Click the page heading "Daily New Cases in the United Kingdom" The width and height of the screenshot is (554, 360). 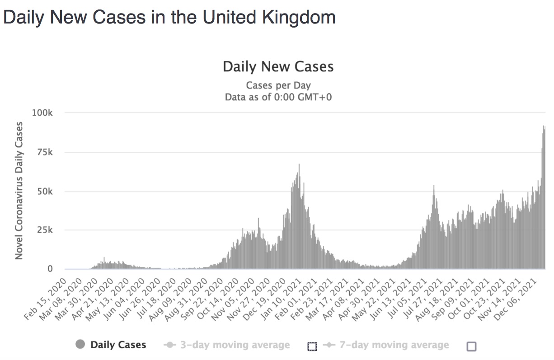tap(169, 18)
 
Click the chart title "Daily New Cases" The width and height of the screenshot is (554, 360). tap(278, 67)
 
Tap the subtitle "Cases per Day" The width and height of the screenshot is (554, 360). tap(278, 85)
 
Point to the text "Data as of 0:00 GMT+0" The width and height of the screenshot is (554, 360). tap(278, 97)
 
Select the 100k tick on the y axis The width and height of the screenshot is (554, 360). tap(42, 112)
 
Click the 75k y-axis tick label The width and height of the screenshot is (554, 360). tap(44, 152)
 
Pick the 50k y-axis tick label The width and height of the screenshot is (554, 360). tap(44, 192)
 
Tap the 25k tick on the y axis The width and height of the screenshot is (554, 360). tap(44, 230)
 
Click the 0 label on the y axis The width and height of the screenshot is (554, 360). tap(50, 269)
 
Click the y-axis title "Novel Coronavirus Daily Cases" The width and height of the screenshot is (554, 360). tap(19, 191)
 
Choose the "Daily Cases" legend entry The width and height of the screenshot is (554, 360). tap(118, 345)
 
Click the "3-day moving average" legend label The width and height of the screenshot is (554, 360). tap(235, 345)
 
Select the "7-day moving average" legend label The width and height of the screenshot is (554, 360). tap(394, 345)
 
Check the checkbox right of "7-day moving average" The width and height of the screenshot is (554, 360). tap(471, 346)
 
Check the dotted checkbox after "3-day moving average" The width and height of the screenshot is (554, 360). tap(312, 346)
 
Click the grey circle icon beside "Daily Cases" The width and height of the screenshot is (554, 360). tap(80, 345)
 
